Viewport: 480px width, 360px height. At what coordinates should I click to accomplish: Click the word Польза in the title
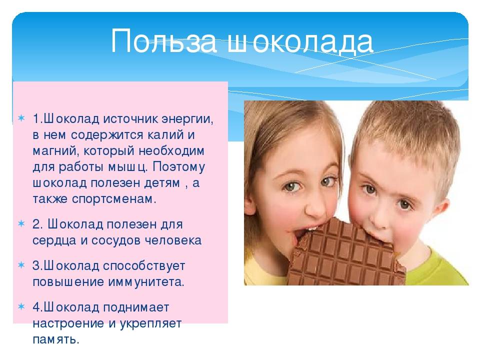pyautogui.click(x=164, y=41)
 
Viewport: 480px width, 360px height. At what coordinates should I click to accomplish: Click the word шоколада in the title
pyautogui.click(x=300, y=41)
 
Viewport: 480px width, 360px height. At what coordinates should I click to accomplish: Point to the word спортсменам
pyautogui.click(x=114, y=199)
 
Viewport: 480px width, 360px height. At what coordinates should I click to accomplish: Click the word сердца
pyautogui.click(x=54, y=240)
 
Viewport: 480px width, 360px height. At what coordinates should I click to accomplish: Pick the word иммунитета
pyautogui.click(x=146, y=282)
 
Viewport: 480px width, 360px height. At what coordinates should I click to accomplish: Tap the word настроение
pyautogui.click(x=68, y=323)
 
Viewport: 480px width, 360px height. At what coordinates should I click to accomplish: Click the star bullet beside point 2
pyautogui.click(x=21, y=223)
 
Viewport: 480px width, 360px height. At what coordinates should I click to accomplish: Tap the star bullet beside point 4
pyautogui.click(x=21, y=306)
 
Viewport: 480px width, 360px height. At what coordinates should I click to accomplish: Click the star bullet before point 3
pyautogui.click(x=21, y=265)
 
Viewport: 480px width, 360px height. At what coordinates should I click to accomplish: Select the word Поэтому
pyautogui.click(x=179, y=167)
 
